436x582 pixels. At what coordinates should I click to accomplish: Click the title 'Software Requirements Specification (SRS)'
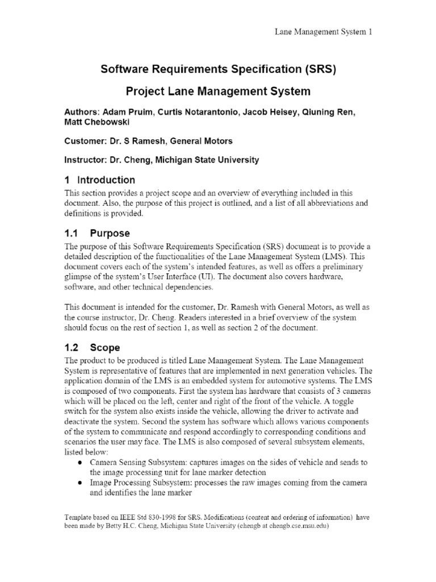219,69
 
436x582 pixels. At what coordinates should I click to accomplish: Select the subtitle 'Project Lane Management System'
219,91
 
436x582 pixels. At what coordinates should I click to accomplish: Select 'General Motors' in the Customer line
203,141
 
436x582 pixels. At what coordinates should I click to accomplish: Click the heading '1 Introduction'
100,180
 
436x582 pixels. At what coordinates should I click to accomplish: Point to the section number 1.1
72,234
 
